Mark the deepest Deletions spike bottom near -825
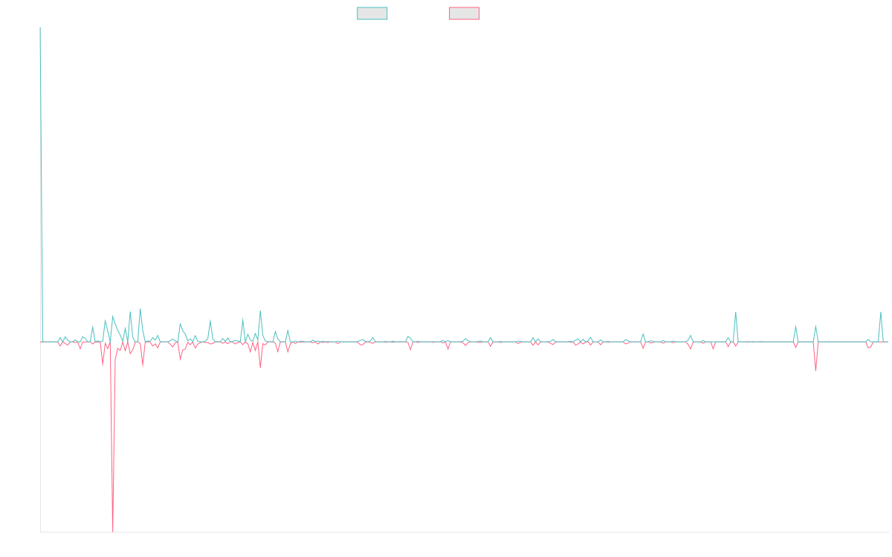coord(113,531)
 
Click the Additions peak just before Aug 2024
coord(736,312)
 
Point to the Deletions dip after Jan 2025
coord(815,371)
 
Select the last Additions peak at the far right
coord(881,312)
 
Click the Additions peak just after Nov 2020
coord(260,311)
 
